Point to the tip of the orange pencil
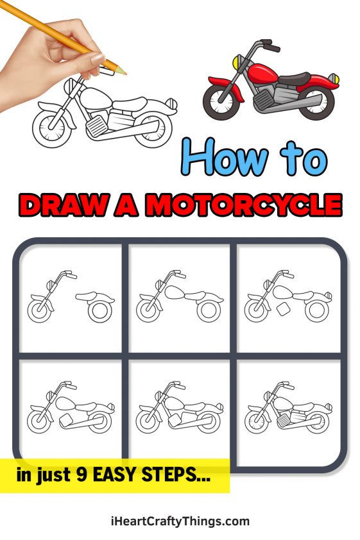click(125, 72)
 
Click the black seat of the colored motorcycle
click(296, 78)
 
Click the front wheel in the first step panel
click(40, 310)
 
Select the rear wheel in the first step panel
click(99, 311)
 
